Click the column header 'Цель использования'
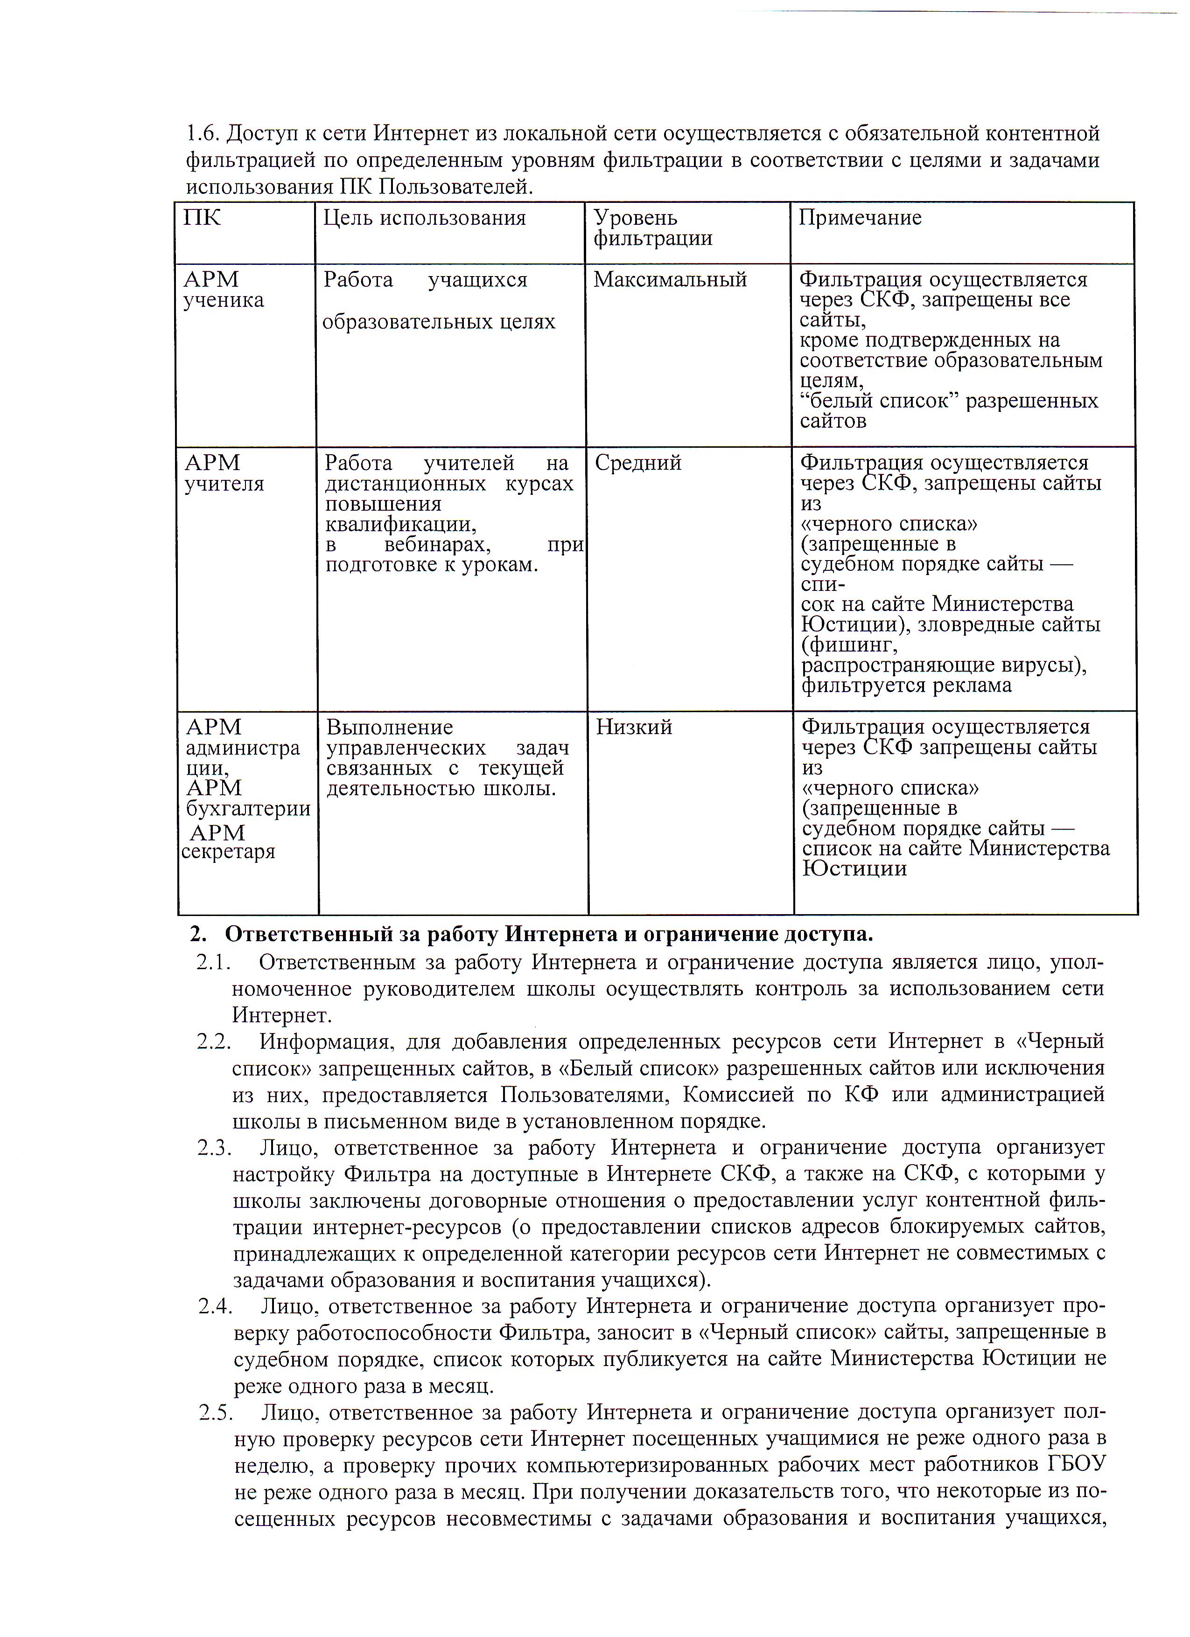[x=424, y=218]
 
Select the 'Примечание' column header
[x=859, y=218]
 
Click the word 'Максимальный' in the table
[x=669, y=280]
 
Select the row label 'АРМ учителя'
[x=224, y=473]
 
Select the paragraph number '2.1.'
[x=213, y=963]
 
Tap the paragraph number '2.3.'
[x=215, y=1148]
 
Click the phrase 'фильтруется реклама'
[x=906, y=685]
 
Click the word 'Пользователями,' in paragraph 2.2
[x=586, y=1095]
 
